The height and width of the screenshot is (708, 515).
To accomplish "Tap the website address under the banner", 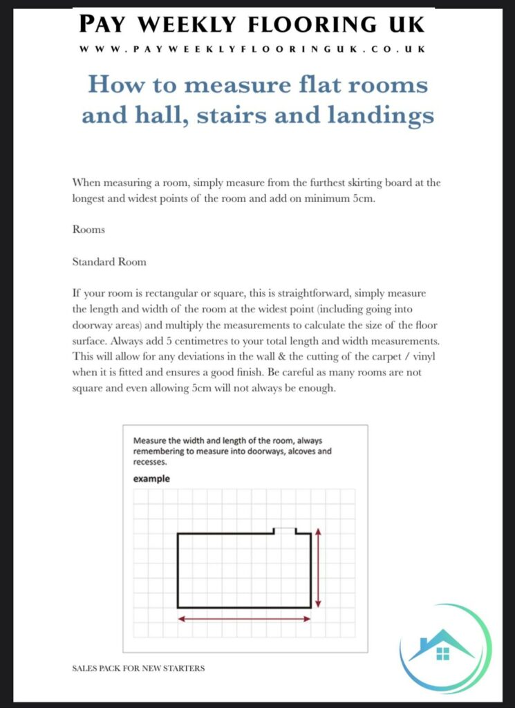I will [x=252, y=50].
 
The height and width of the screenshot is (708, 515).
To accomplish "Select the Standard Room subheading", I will [x=109, y=262].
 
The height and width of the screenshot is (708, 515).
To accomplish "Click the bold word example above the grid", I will [x=151, y=478].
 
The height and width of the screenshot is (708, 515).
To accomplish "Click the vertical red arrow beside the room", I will [x=318, y=568].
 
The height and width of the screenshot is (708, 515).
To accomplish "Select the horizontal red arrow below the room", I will [x=244, y=619].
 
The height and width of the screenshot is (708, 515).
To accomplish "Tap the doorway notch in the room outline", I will [x=285, y=531].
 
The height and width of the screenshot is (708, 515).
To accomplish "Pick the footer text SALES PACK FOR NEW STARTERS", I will [x=138, y=669].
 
